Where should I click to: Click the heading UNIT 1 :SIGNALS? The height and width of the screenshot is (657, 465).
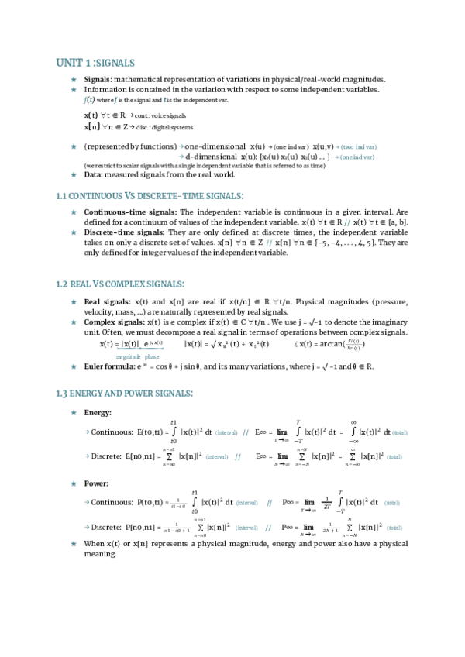pyautogui.click(x=95, y=62)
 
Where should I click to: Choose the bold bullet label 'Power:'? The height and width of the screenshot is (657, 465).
pyautogui.click(x=96, y=483)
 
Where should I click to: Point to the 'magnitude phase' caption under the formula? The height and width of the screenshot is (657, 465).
pyautogui.click(x=143, y=356)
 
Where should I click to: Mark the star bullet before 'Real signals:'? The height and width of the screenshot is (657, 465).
pyautogui.click(x=74, y=301)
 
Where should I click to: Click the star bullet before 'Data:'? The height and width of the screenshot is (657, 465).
pyautogui.click(x=74, y=174)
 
